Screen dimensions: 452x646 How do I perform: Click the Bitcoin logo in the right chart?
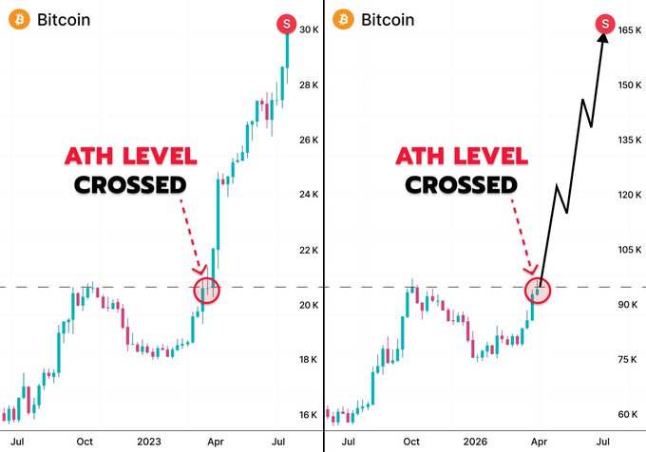pyautogui.click(x=343, y=20)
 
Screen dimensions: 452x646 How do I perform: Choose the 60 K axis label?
pyautogui.click(x=626, y=414)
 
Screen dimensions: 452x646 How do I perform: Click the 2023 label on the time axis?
pyautogui.click(x=149, y=442)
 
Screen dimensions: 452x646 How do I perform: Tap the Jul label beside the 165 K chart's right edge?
pyautogui.click(x=601, y=442)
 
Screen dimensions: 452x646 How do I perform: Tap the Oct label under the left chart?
pyautogui.click(x=85, y=442)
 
